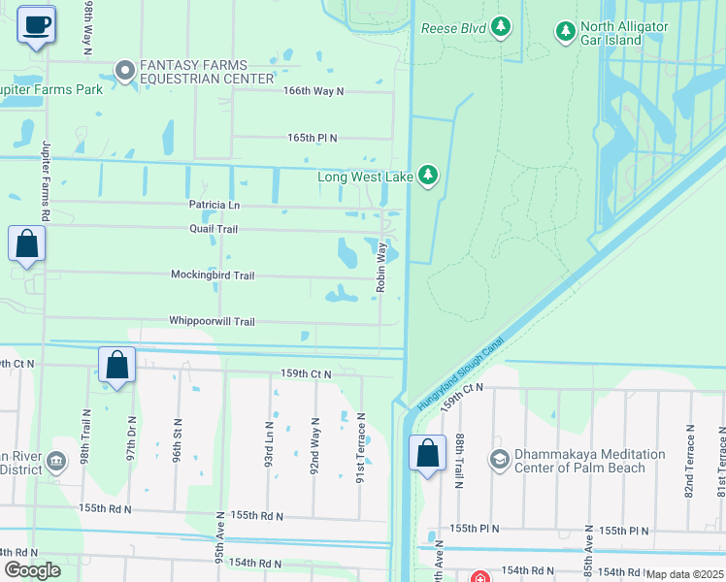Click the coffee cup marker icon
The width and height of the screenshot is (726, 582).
[x=37, y=25]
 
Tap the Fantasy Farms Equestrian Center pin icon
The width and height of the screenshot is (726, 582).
[x=124, y=70]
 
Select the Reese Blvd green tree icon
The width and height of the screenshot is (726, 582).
[x=501, y=26]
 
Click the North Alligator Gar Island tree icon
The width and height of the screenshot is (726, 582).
[x=566, y=32]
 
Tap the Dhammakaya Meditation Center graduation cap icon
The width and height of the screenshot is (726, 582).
[x=500, y=459]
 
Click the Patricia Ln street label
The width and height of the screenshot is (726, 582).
[x=214, y=206]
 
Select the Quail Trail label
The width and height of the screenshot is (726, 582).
[x=214, y=229]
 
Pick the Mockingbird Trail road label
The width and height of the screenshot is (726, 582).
[x=213, y=275]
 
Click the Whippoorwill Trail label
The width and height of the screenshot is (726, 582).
[x=212, y=321]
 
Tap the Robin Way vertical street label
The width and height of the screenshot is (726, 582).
[x=381, y=267]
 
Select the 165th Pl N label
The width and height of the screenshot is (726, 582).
[x=312, y=138]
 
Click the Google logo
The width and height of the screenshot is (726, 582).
[x=32, y=570]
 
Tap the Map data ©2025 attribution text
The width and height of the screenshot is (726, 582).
[x=684, y=574]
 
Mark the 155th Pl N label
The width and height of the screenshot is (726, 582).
[x=474, y=529]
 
